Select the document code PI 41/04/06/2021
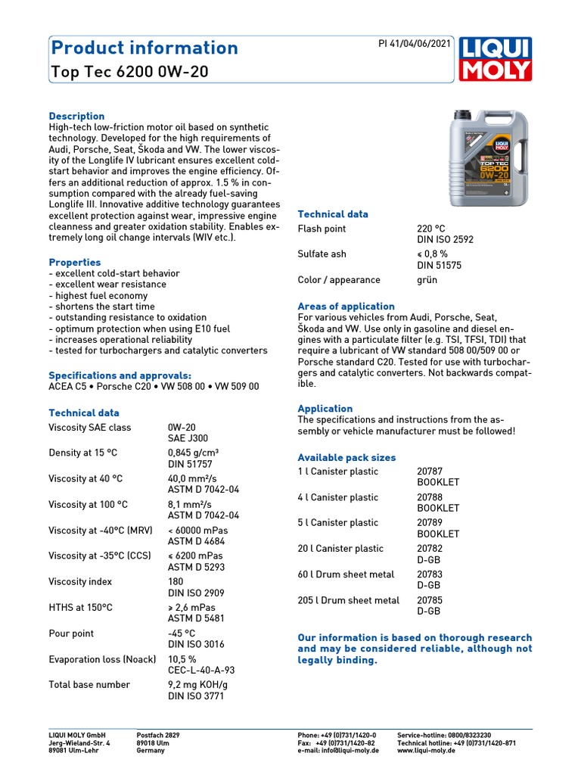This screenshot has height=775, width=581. (414, 44)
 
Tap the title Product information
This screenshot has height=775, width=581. (144, 48)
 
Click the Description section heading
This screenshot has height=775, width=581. (76, 116)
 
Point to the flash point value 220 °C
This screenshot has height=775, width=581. (431, 229)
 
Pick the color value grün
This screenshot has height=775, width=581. (427, 280)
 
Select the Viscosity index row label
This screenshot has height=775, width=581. (79, 581)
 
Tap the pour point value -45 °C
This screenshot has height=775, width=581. (182, 633)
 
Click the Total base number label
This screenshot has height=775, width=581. (89, 684)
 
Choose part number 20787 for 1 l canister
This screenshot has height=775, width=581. (430, 471)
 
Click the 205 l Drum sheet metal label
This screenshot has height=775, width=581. (348, 600)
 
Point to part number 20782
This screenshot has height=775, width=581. (430, 548)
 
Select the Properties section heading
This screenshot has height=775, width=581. (74, 263)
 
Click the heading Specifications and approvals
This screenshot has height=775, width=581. (120, 375)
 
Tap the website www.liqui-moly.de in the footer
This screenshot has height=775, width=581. (426, 750)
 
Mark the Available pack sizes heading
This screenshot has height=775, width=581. (346, 458)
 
